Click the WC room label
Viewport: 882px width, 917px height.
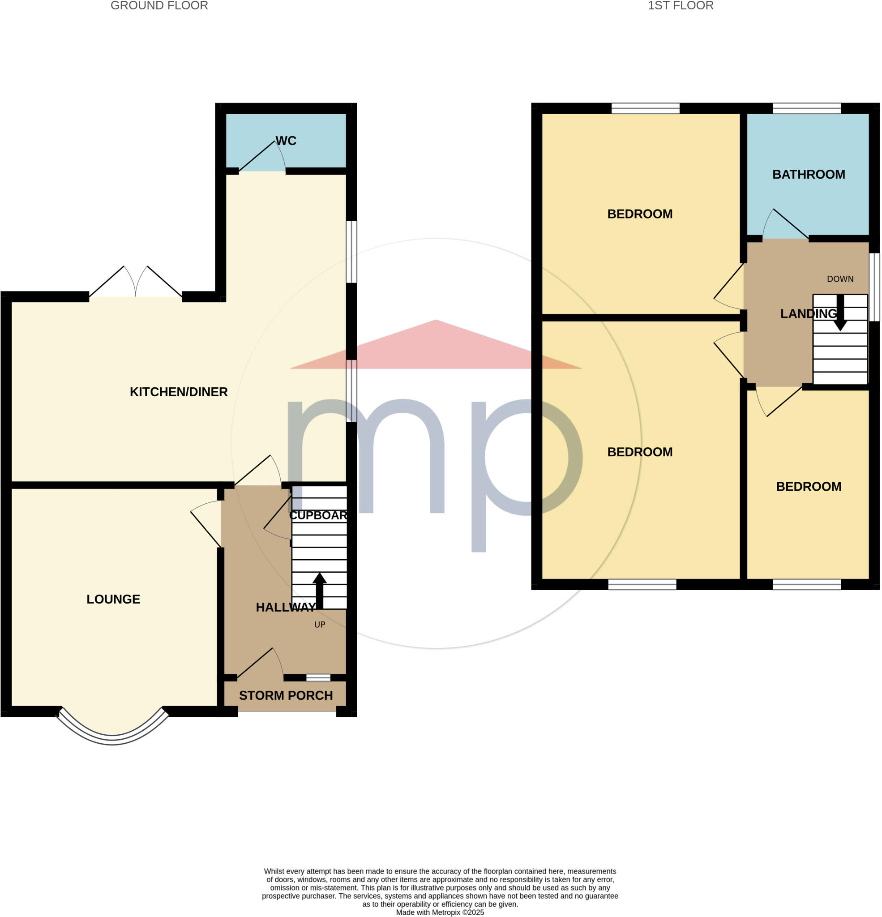click(286, 141)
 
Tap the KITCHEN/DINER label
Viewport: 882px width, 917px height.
click(178, 392)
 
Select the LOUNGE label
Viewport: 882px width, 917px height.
click(113, 600)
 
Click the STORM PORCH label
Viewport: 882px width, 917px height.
click(286, 696)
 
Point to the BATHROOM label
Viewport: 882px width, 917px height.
click(808, 175)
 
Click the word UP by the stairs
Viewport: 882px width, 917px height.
click(320, 625)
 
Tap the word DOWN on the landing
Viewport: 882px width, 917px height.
click(840, 279)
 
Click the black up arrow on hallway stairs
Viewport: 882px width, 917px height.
click(320, 590)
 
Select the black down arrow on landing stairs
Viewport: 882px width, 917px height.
click(840, 313)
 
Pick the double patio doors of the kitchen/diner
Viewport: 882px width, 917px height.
click(136, 283)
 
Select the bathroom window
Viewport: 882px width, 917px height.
click(806, 108)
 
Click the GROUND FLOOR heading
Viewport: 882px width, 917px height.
click(159, 6)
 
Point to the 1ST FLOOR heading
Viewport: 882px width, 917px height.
click(681, 6)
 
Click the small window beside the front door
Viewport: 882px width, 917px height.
click(318, 677)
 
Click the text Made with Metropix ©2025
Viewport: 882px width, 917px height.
click(440, 913)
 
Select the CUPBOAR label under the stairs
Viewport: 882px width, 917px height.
click(318, 515)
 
